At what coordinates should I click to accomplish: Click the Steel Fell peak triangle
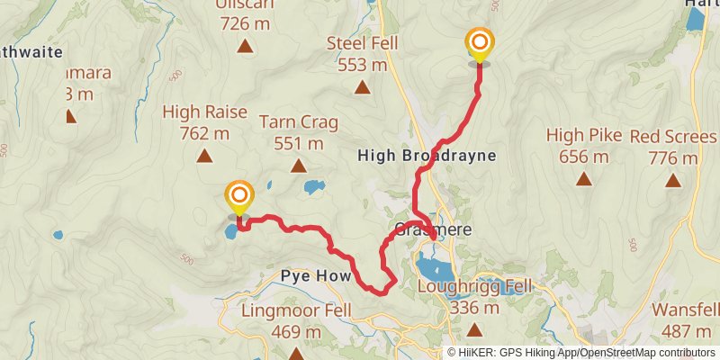point(362,87)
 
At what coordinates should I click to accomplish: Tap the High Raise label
point(197,122)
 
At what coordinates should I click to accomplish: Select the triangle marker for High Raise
point(204,156)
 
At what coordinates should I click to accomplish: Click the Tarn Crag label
point(291,131)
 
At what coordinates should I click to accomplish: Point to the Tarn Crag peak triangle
point(299,166)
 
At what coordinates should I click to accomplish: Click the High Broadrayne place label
point(427,156)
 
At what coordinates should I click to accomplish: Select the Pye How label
point(313,275)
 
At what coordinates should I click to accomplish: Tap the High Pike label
point(584,145)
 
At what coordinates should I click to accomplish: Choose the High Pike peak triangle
point(584,179)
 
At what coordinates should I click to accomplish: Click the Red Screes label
point(673,147)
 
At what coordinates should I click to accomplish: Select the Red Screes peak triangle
point(672,180)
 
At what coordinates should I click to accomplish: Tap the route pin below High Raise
point(239,197)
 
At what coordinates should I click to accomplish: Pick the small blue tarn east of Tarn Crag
point(314,187)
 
